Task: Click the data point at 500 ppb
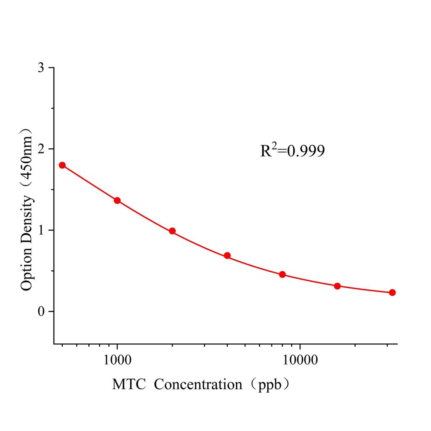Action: (62, 165)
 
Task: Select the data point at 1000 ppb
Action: (117, 200)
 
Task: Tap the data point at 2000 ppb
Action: (172, 231)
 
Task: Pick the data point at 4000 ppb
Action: (227, 255)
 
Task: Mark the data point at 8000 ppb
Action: (282, 274)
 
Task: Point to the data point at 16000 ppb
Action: (337, 286)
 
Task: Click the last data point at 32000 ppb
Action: (392, 293)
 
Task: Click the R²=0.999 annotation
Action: (292, 151)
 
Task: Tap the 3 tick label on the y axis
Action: (40, 68)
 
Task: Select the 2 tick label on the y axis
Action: (40, 149)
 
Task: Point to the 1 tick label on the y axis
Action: (40, 230)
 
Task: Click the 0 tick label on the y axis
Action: (40, 311)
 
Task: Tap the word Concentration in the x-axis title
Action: (198, 384)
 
